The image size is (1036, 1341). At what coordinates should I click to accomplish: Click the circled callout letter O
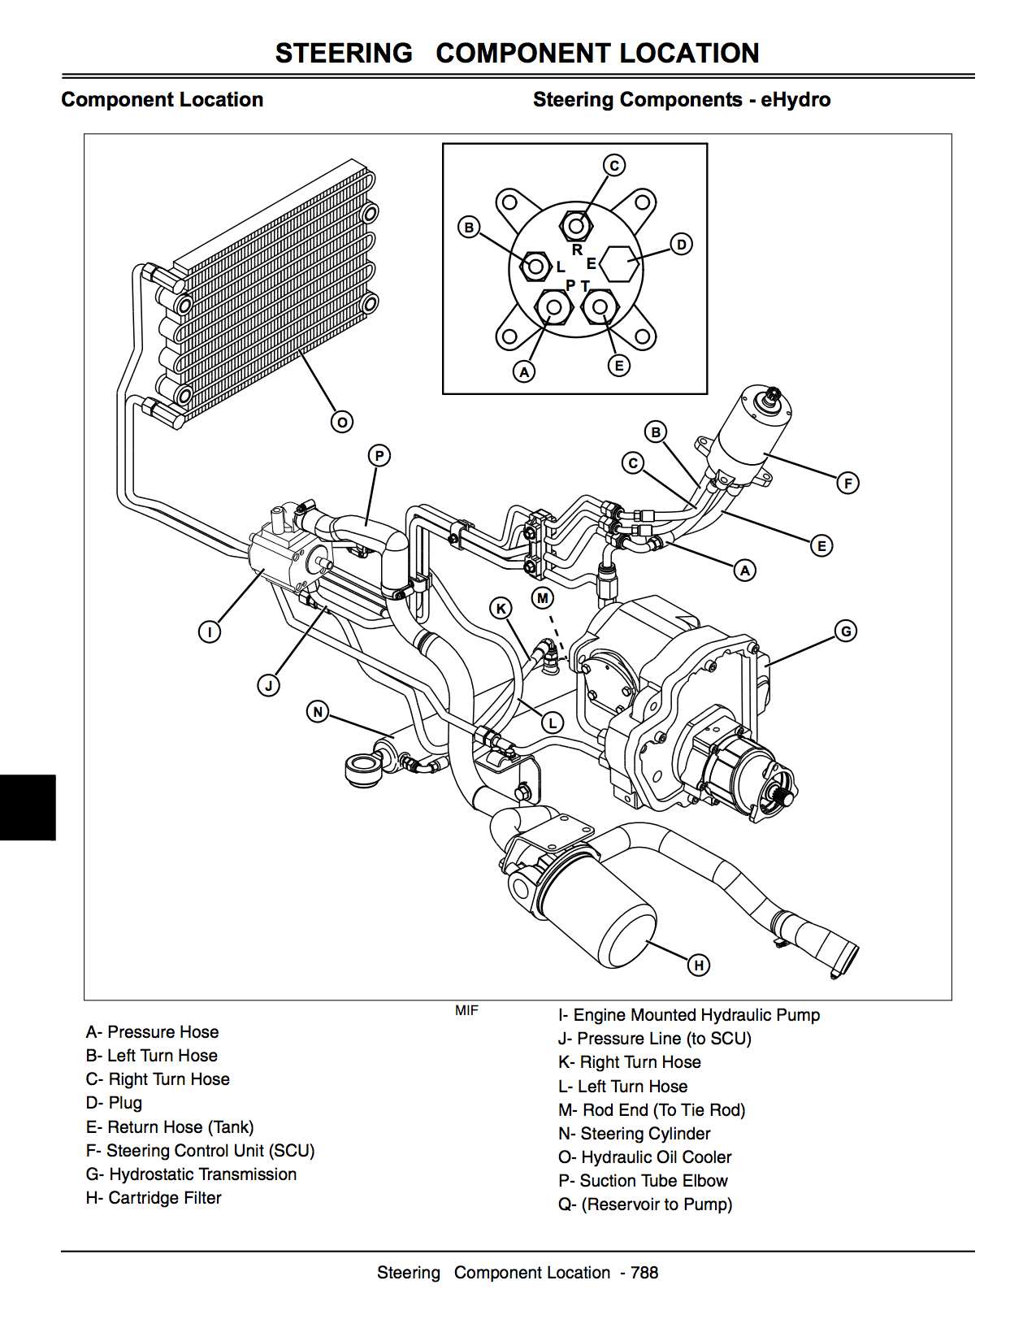point(342,423)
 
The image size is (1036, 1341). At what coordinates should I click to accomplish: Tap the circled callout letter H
point(699,965)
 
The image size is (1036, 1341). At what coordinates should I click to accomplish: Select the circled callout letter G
point(846,631)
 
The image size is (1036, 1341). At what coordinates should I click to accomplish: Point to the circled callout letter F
point(847,484)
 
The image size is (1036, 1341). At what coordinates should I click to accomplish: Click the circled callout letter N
point(318,712)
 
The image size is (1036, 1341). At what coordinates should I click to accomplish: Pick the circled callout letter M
point(543,599)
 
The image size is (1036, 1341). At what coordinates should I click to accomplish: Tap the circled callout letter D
point(681,245)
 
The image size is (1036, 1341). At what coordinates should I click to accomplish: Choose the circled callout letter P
point(379,456)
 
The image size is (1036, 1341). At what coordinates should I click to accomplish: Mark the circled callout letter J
point(269,686)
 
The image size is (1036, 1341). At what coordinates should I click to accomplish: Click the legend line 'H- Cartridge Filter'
point(154,1197)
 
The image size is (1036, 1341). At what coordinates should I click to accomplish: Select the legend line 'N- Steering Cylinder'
point(634,1133)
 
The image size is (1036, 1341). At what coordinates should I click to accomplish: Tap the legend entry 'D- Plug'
point(114,1103)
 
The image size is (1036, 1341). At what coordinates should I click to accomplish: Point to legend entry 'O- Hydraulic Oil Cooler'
point(644,1157)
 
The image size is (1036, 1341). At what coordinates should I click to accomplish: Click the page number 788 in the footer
point(644,1273)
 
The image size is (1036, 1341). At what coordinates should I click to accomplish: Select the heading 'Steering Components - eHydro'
point(681,100)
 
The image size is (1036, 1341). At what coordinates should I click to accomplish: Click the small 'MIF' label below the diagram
point(466,1010)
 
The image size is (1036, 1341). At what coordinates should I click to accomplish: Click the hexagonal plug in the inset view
point(621,264)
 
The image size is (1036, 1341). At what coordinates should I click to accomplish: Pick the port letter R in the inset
point(577,250)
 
